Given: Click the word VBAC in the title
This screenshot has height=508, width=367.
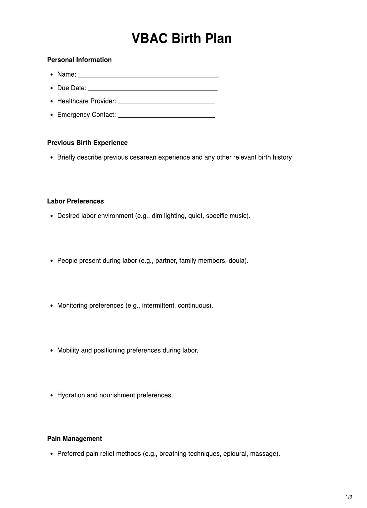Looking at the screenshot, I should coord(149,39).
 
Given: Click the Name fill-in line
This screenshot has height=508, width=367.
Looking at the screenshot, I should coord(148,75).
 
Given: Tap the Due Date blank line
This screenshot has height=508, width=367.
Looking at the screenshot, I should coord(153,89).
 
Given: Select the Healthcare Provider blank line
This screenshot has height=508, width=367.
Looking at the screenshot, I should coord(167,102).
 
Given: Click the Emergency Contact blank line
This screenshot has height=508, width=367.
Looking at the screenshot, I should coord(166,116).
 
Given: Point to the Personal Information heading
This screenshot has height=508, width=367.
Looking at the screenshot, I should coord(79,60).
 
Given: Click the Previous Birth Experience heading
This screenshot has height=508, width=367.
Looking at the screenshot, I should coord(87,143).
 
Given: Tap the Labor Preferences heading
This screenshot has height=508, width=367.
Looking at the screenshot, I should coord(75,201).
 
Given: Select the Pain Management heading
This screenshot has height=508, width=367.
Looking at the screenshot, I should coord(74,439).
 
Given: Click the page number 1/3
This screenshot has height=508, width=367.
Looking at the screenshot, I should coord(349,497).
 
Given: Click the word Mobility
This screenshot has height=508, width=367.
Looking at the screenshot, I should coord(68,351).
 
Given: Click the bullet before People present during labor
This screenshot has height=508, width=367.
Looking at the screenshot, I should coord(52,261).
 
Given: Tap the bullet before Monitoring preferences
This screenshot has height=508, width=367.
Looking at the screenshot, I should coord(52,306).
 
